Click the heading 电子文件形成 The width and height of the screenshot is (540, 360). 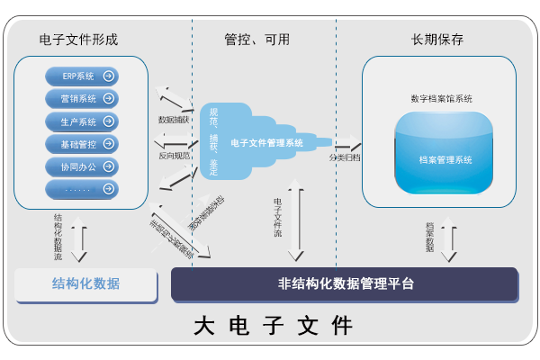pos(79,40)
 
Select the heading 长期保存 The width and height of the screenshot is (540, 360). pos(437,40)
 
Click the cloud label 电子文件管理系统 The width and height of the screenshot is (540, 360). pos(266,142)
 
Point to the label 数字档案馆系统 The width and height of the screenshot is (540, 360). pos(441,97)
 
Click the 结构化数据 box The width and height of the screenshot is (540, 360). pos(86,283)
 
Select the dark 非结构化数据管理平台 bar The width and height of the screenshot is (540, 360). pos(345,283)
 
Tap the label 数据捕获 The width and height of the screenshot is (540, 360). pos(174,119)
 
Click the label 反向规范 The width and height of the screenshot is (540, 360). pos(174,155)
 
